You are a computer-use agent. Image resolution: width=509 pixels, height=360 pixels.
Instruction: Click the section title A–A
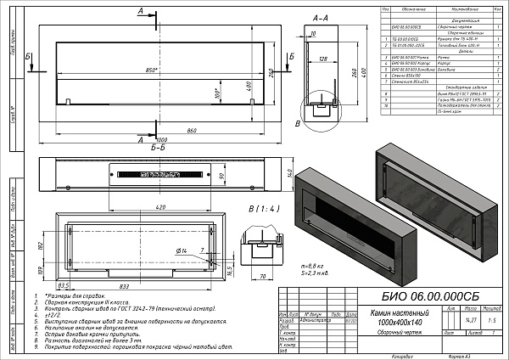tap(321, 17)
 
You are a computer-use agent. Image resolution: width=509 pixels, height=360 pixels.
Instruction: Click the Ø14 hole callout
tap(182, 251)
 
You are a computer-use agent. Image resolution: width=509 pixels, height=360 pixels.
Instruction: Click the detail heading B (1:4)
tap(260, 208)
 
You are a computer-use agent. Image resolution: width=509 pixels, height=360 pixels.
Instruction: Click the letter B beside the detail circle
tap(296, 124)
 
